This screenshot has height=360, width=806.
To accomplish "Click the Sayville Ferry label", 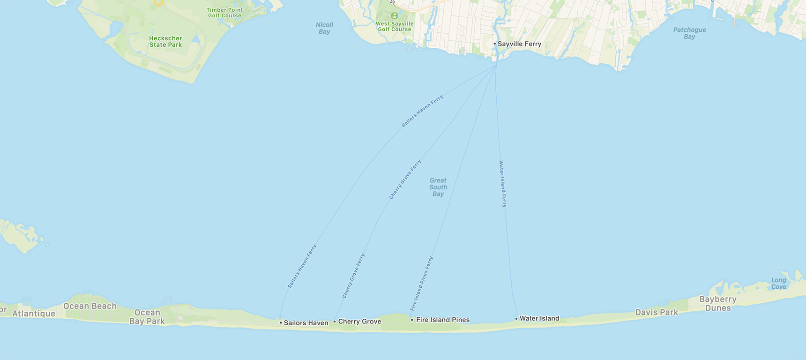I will click(x=519, y=44).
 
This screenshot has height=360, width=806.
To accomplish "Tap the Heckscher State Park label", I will click(x=165, y=42).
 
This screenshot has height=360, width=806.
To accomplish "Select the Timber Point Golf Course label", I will click(x=225, y=13).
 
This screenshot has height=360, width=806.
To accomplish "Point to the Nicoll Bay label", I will click(x=324, y=28).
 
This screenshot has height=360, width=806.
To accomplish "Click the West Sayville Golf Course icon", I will click(x=395, y=15).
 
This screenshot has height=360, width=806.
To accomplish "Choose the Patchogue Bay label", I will click(x=689, y=33).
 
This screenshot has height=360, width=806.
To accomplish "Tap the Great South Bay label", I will click(x=438, y=187).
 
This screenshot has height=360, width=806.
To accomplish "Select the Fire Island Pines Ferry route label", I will click(x=422, y=284).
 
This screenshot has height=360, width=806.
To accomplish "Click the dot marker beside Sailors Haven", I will click(x=281, y=322).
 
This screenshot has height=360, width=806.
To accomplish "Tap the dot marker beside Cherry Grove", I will click(x=335, y=322).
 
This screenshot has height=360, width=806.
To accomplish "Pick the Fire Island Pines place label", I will click(x=443, y=320).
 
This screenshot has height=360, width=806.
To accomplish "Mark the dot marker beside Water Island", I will click(x=516, y=319).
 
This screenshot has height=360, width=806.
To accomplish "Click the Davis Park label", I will click(x=657, y=312).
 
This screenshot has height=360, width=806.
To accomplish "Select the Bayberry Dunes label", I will click(x=718, y=304).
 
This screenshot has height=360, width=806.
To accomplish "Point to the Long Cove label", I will click(x=779, y=284).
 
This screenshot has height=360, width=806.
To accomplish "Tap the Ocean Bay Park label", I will click(x=147, y=317).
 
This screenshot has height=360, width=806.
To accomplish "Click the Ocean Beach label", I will click(x=90, y=306).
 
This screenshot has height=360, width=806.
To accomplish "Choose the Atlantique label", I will click(x=34, y=314).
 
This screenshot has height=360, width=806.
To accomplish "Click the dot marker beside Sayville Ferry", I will click(x=495, y=44).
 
